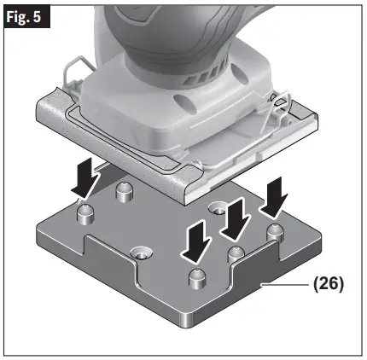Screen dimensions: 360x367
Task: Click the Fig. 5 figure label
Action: (x=25, y=17)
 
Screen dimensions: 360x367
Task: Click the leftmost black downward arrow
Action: (x=85, y=178)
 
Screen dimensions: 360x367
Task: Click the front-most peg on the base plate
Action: (x=197, y=277)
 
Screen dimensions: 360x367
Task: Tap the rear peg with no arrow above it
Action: (x=126, y=189)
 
